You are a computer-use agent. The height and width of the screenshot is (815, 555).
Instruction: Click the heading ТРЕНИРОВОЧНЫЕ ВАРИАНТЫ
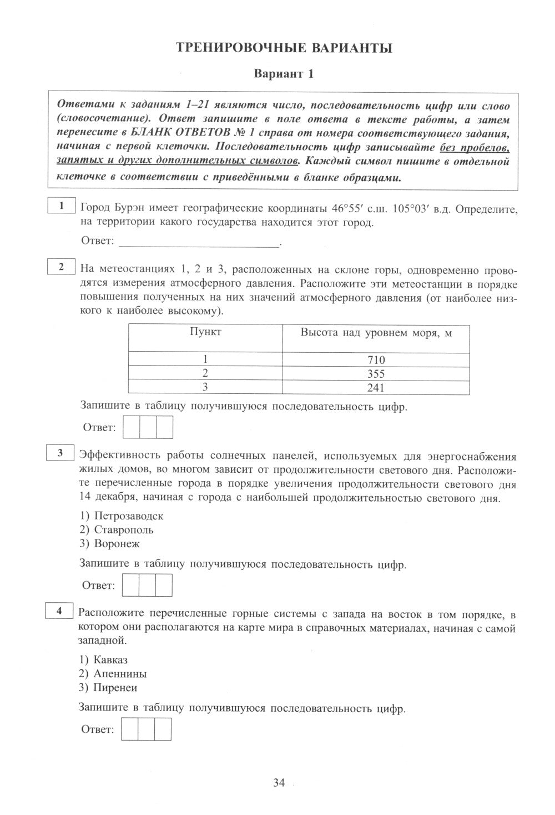point(284,48)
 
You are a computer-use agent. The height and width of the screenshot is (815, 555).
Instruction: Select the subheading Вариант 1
point(284,74)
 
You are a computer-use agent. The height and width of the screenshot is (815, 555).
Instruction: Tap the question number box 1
point(62,206)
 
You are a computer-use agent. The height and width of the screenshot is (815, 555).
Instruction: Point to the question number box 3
point(60,453)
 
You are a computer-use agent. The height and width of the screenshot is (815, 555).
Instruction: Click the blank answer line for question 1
point(200,242)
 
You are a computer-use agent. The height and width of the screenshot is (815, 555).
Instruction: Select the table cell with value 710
point(376,359)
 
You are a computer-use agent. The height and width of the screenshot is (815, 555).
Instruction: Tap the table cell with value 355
point(376,373)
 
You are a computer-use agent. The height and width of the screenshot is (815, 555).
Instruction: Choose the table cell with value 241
point(376,387)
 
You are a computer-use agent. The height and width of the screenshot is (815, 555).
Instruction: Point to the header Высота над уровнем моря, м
point(376,333)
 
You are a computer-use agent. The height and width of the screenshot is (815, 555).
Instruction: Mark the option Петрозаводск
point(128,516)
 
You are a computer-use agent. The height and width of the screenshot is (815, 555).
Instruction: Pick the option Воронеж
point(117,543)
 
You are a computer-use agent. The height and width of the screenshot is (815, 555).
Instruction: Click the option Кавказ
point(110,660)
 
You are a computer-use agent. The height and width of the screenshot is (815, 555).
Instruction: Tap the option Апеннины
point(120,674)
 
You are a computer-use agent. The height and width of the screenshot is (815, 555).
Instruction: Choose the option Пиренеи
point(115,688)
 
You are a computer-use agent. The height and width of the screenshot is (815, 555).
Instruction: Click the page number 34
point(279,783)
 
